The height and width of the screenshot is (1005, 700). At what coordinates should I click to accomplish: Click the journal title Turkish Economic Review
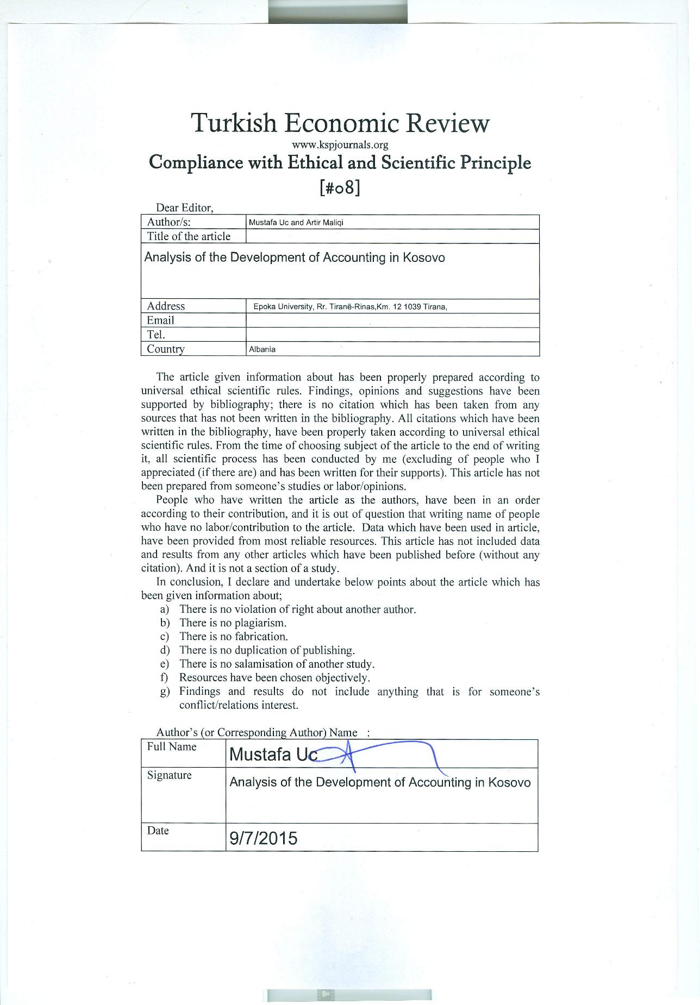(340, 123)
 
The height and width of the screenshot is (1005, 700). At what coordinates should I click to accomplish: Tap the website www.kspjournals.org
(340, 145)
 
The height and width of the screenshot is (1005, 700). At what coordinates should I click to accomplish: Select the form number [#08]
(340, 187)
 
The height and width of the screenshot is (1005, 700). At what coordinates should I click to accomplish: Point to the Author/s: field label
(168, 222)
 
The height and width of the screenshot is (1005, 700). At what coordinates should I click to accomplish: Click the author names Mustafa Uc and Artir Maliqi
(296, 223)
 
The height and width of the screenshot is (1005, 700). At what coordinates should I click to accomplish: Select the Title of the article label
(189, 236)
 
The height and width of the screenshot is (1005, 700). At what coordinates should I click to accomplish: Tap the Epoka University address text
(350, 306)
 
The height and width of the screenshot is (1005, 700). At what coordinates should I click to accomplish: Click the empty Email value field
(392, 321)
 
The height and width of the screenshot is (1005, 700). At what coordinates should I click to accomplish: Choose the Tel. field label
(156, 335)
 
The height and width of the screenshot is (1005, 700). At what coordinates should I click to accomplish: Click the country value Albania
(262, 349)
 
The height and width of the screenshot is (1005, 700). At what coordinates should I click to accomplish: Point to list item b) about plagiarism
(233, 623)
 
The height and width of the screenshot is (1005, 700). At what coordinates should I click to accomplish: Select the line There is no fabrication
(233, 637)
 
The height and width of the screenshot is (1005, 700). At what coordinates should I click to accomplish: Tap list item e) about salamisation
(277, 664)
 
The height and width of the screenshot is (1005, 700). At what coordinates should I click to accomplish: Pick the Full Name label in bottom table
(171, 747)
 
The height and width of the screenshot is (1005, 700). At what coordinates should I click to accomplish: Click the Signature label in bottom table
(169, 775)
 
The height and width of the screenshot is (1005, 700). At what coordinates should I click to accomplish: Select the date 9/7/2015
(264, 839)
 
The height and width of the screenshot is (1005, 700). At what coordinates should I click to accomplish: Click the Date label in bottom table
(158, 831)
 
